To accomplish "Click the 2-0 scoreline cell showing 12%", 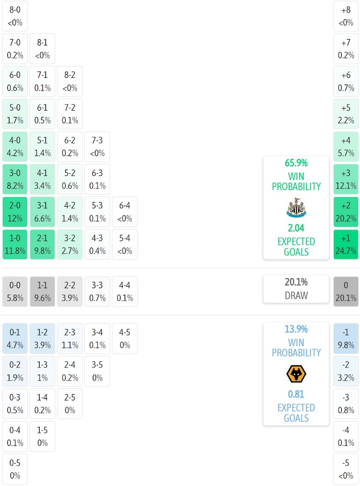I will [15, 212].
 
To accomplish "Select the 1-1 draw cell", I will [42, 291].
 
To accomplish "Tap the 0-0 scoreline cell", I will [15, 291].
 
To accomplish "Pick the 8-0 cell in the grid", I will [15, 16].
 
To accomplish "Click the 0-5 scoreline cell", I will [15, 469].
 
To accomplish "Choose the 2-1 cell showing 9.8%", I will [42, 244].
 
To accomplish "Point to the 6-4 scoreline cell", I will [125, 212].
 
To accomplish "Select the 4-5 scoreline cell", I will [125, 338].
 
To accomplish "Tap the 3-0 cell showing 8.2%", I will [15, 179].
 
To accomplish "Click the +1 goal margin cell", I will [346, 244].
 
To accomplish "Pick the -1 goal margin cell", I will [346, 338].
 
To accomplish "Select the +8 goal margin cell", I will [346, 16].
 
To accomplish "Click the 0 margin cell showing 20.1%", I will [346, 291].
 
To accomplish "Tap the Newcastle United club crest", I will [296, 208].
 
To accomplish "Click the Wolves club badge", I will [296, 374].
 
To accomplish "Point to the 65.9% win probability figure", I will [296, 163].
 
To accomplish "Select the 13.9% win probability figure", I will [296, 329].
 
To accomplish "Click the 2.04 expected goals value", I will [296, 228].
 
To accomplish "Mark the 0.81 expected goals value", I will [296, 394].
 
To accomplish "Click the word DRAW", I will [296, 295].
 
